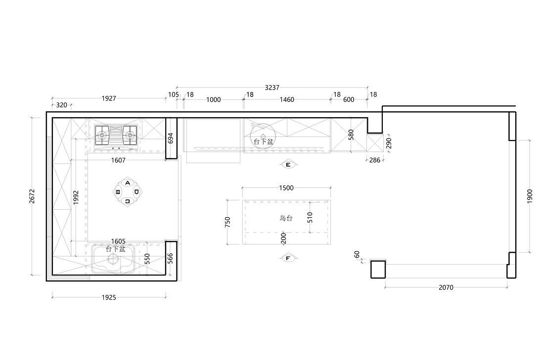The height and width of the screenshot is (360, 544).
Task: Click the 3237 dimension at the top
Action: tap(272, 88)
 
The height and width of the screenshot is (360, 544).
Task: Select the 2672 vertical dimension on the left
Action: tap(32, 196)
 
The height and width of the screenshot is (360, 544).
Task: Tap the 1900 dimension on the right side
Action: tap(530, 196)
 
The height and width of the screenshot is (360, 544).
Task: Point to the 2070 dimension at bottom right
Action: tap(446, 287)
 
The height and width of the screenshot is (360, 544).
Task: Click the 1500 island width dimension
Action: tap(286, 188)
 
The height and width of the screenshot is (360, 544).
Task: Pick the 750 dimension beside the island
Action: tap(227, 223)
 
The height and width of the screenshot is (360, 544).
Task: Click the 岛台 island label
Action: tap(286, 218)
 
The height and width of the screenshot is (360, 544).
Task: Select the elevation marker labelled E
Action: tap(288, 165)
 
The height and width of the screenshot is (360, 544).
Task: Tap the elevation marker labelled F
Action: tap(288, 259)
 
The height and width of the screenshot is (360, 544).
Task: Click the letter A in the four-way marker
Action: tap(128, 183)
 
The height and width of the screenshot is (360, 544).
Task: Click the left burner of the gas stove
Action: tap(102, 135)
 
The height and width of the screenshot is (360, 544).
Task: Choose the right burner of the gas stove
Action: tap(130, 135)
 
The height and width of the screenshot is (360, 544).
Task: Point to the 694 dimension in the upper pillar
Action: tap(170, 138)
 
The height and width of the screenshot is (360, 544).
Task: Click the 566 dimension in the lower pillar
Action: tap(170, 259)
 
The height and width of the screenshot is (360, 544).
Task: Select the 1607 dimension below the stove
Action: tap(118, 160)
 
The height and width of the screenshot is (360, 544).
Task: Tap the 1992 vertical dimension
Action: tap(76, 197)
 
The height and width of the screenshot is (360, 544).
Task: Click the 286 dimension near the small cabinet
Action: tap(375, 160)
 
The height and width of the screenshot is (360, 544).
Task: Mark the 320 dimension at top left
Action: tap(61, 105)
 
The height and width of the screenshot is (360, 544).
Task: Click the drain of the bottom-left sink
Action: tap(112, 259)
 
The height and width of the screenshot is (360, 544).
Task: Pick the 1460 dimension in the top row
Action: tap(287, 100)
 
